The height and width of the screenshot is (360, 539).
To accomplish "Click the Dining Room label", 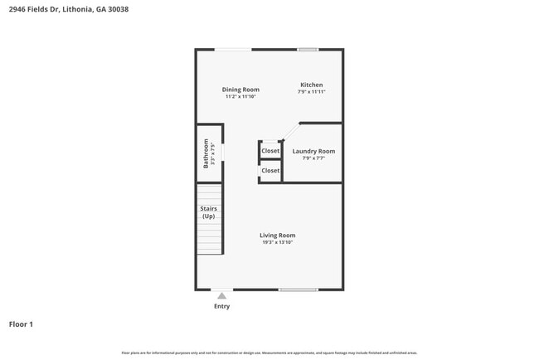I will click(240, 90).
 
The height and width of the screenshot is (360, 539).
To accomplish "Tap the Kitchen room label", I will click(311, 85).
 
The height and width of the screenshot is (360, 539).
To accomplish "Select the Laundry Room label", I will click(313, 151).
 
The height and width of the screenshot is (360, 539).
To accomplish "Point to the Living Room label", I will click(277, 235).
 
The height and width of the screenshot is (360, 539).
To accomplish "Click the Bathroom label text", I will click(206, 153).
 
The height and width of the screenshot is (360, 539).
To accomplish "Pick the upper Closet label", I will click(270, 151).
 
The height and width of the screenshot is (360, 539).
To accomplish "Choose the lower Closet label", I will click(270, 170).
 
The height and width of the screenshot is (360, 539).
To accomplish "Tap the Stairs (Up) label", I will click(208, 212).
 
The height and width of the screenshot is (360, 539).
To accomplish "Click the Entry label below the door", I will click(221, 306).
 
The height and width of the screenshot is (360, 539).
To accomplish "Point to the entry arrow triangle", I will click(221, 294).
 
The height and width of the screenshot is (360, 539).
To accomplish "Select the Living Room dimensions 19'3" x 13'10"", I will click(277, 242).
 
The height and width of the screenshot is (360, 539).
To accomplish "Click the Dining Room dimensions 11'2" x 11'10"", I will click(240, 97).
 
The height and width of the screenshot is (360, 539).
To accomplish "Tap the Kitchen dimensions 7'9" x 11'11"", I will click(311, 92).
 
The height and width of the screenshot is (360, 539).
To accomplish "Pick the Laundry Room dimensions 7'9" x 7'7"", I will click(313, 158).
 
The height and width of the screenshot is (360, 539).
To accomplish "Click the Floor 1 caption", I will click(21, 324).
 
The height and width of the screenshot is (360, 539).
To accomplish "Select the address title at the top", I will click(68, 10).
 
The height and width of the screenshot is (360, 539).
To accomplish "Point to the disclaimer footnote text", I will click(269, 353).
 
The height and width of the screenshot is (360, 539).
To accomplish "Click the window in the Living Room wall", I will click(298, 289).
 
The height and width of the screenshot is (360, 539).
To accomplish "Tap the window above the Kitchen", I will click(308, 50).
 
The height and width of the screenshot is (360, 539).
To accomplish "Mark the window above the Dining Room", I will click(233, 50).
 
